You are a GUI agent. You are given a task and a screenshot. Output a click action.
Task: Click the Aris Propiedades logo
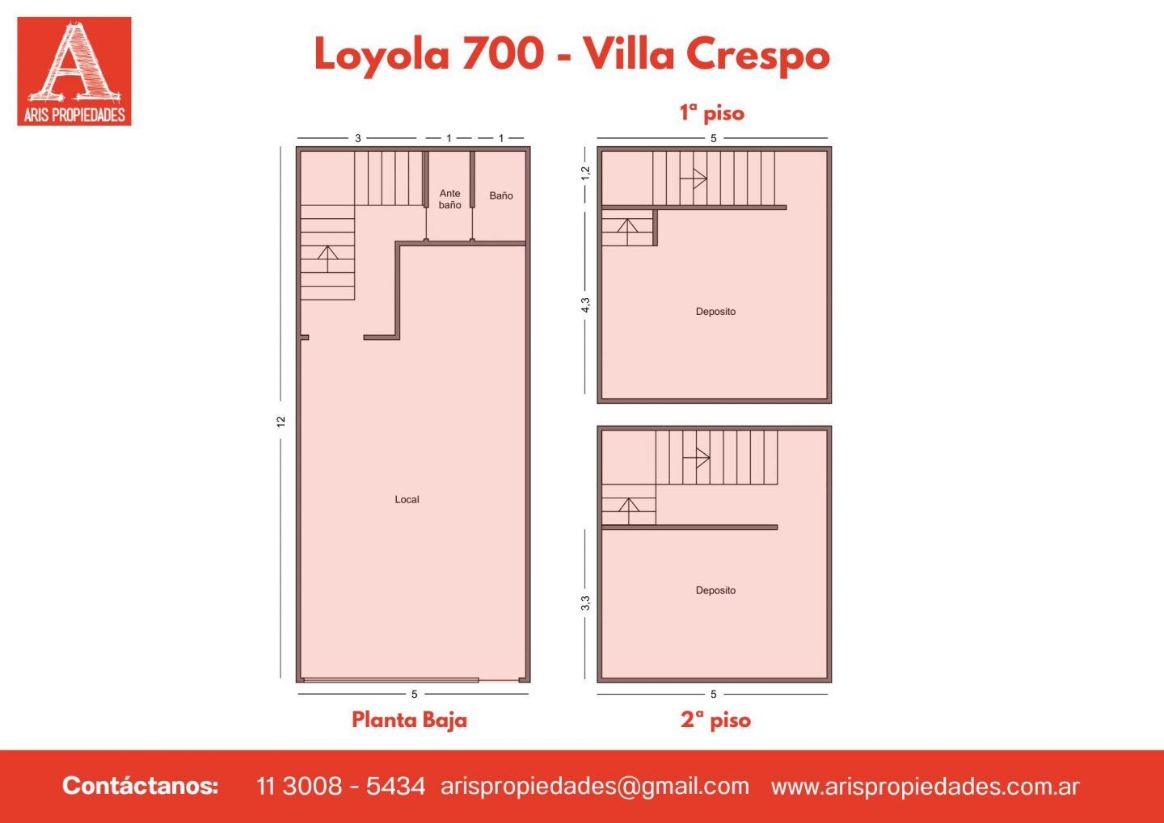pos(74,71)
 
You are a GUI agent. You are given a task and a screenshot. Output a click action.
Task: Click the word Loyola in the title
pos(382,55)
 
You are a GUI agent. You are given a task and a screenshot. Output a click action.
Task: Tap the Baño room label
pos(501,195)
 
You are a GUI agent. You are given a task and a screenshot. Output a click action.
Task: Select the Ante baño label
pos(450,199)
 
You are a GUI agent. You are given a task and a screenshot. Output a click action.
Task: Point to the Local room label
pos(407,499)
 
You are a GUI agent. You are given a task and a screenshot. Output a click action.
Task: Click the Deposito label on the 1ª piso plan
pos(715,312)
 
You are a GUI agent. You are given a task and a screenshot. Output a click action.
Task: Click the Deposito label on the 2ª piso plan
pos(715,590)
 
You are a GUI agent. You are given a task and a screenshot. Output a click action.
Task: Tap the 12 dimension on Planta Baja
pos(281,422)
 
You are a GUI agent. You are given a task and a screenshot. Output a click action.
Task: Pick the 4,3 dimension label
pos(585,305)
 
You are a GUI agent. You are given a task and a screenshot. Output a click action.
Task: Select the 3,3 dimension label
pos(585,603)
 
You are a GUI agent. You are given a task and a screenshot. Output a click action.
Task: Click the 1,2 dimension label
pos(585,173)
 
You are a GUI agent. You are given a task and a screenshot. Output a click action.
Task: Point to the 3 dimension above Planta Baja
pos(358,139)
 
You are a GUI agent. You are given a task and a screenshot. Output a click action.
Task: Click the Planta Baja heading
pos(410,720)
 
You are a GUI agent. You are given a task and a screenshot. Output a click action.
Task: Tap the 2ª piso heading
pos(715,720)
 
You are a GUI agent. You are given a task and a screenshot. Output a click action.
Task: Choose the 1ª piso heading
pos(712,113)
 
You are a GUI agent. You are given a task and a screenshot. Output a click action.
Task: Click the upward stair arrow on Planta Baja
pos(327,259)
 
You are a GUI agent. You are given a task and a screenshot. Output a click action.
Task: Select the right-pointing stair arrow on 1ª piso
pos(694,178)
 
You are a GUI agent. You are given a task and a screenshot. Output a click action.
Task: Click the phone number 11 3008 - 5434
pos(341,786)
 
